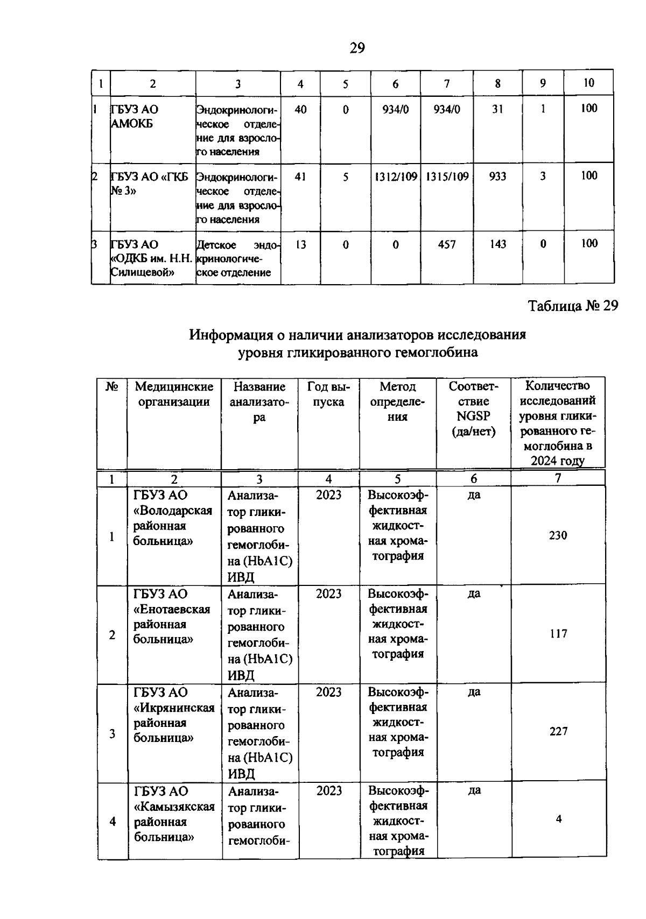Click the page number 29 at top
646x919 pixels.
(357, 49)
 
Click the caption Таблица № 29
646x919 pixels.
(573, 306)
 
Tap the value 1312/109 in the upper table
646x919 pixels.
(396, 176)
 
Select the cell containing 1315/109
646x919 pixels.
(447, 176)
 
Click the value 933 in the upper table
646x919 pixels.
(497, 176)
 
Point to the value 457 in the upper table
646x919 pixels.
(447, 245)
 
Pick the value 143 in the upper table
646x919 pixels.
(497, 244)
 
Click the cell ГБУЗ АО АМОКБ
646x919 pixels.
(135, 117)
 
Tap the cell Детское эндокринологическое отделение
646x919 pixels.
(237, 259)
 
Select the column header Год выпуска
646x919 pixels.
(328, 394)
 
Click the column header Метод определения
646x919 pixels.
(398, 401)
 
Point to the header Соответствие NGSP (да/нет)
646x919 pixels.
(473, 409)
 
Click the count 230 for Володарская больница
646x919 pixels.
(558, 535)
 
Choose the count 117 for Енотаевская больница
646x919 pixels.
(558, 634)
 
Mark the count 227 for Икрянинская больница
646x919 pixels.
(558, 732)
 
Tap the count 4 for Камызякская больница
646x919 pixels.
(559, 819)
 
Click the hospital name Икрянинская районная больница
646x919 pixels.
(173, 715)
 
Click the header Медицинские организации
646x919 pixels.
(174, 394)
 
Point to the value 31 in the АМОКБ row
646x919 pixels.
(497, 109)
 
